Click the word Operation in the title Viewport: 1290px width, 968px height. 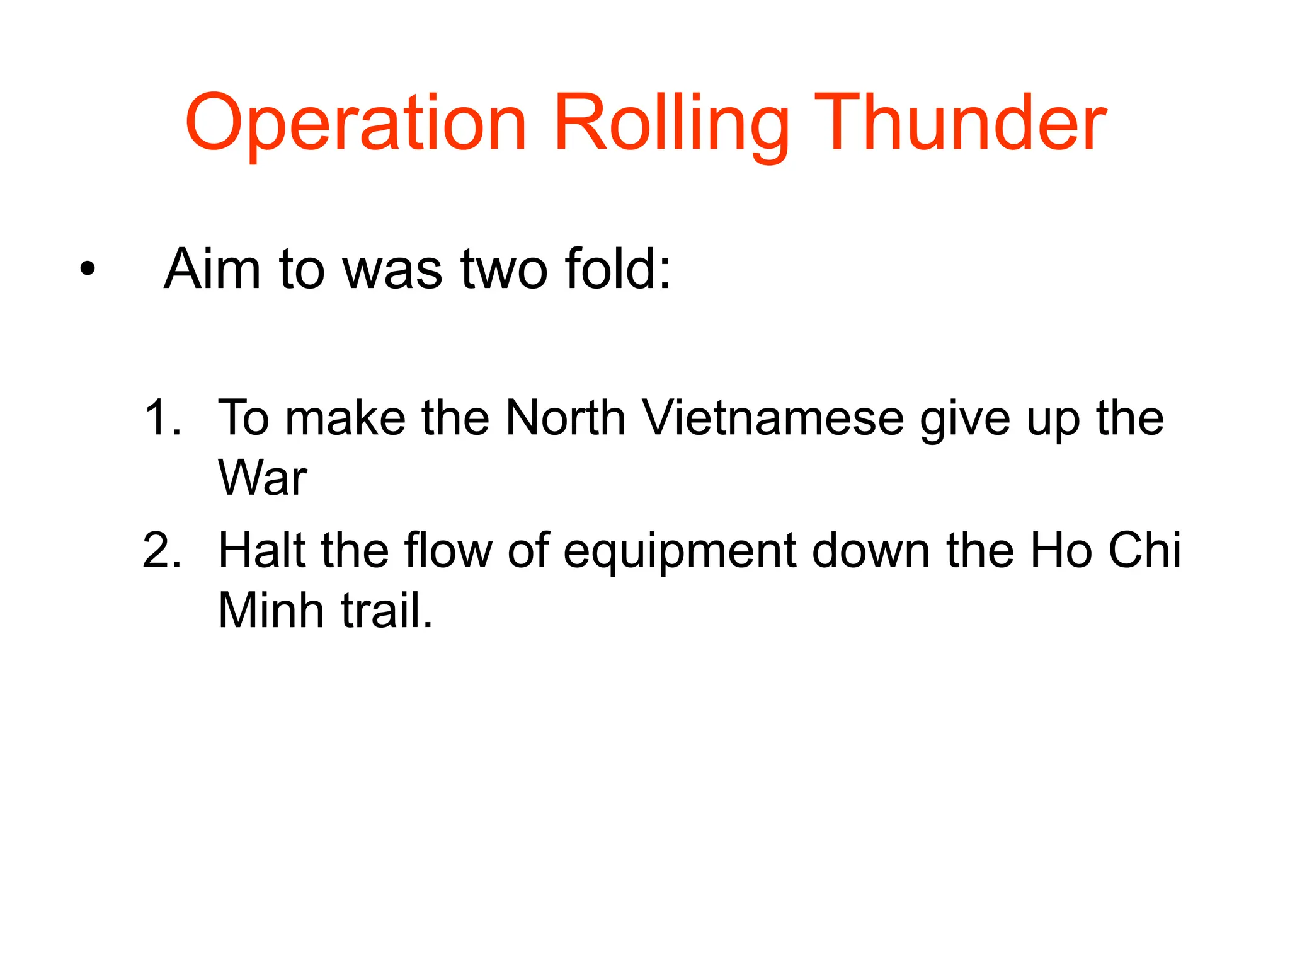point(355,124)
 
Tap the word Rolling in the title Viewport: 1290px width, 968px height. point(670,124)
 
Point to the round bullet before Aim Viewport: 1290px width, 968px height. point(88,270)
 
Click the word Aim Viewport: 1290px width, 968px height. point(212,269)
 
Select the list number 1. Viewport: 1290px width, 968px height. point(162,418)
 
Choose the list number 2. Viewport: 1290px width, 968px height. point(162,551)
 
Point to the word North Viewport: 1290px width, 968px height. point(565,418)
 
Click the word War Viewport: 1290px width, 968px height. point(262,478)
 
